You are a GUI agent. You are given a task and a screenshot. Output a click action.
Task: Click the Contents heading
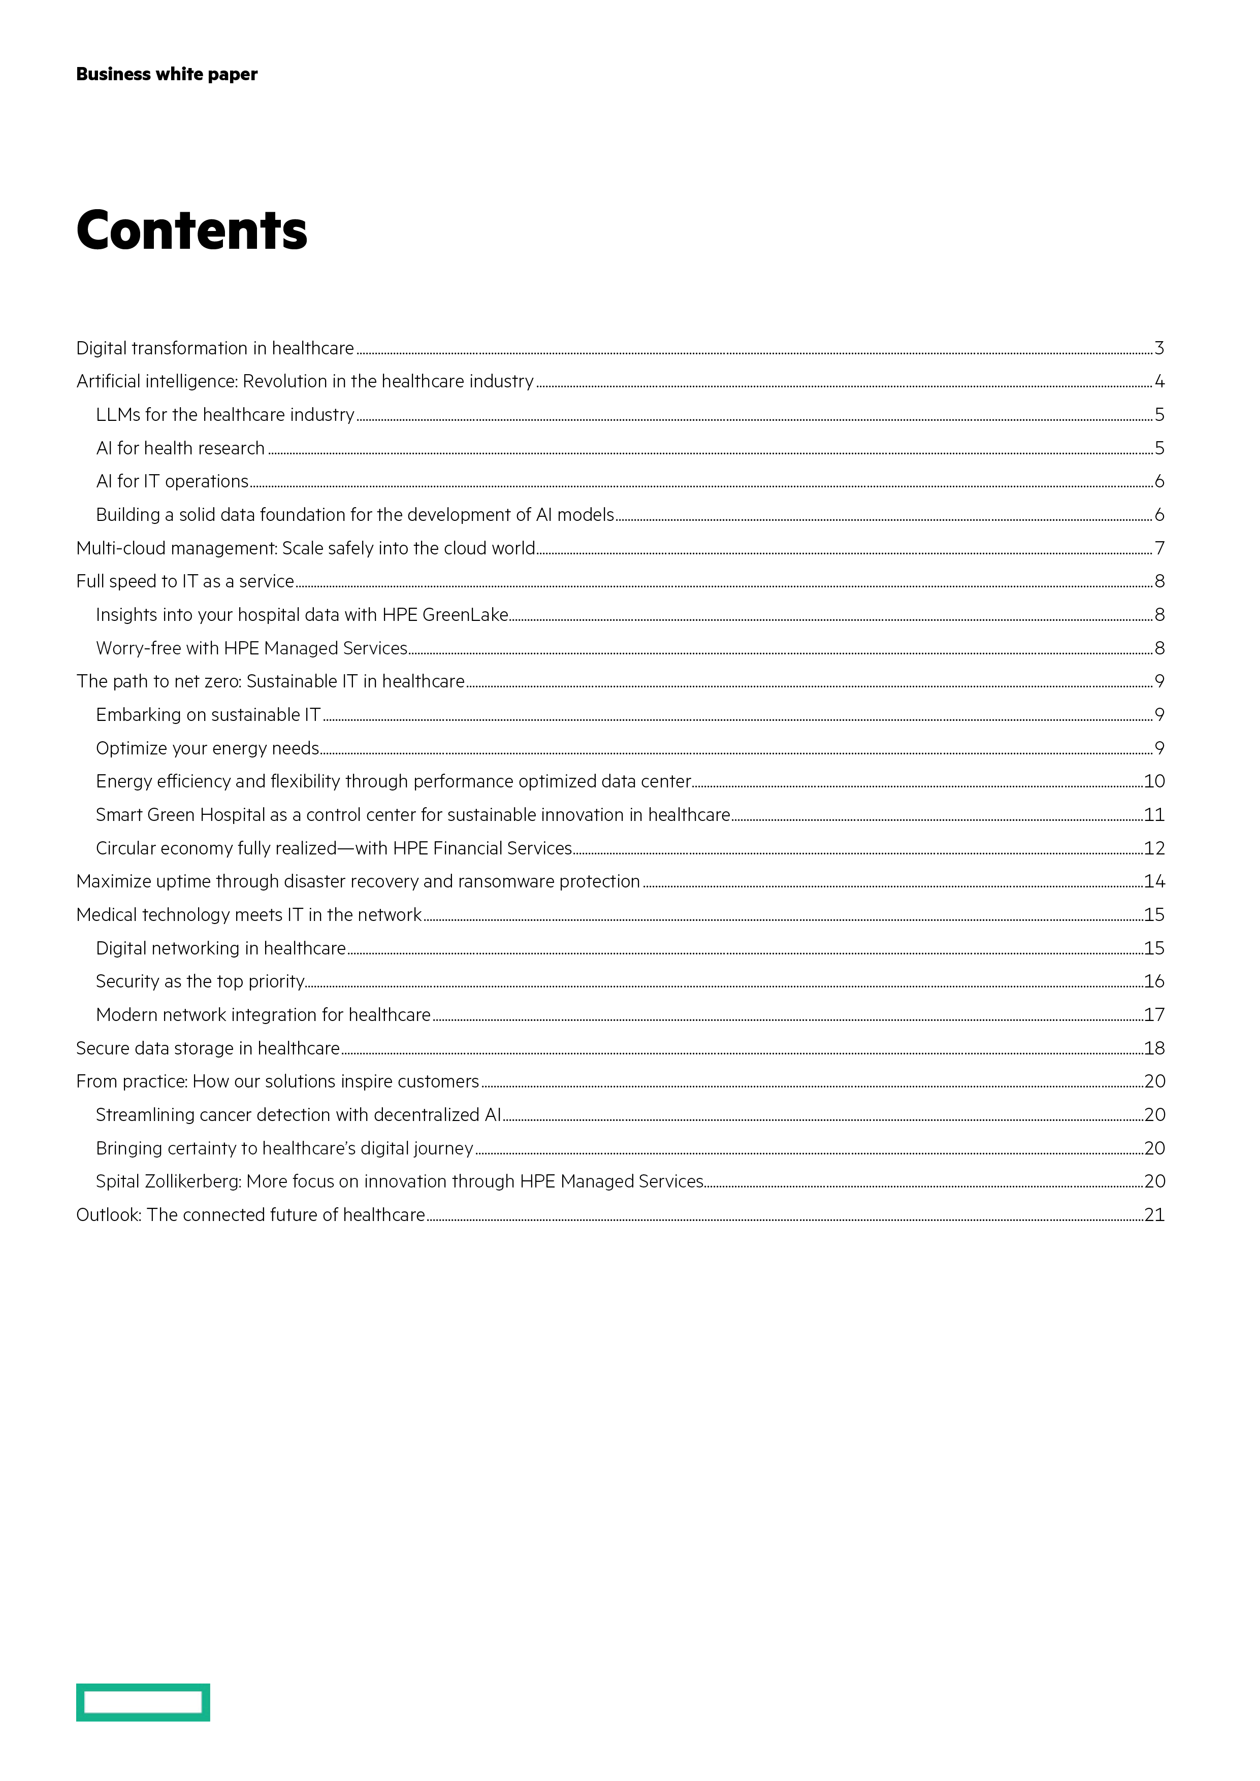click(191, 230)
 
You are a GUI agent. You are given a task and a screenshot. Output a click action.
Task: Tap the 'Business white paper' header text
click(167, 75)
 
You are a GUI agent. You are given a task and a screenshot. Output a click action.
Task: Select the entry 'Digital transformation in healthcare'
click(215, 348)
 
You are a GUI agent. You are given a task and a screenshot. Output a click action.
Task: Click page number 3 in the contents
click(1159, 348)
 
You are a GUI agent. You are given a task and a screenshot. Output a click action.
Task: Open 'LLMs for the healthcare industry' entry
click(225, 415)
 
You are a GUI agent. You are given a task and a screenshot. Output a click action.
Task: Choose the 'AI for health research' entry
click(181, 448)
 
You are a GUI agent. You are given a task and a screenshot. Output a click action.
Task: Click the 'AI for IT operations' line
click(172, 482)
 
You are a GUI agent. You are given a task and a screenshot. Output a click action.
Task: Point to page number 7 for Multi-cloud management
click(1159, 548)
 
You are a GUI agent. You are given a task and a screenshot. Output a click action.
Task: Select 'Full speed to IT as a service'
click(185, 582)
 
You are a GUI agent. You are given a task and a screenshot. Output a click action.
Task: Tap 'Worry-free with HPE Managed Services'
click(252, 648)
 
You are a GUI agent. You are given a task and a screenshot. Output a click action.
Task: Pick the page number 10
click(1154, 781)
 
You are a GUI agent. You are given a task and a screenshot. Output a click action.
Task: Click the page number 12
click(1154, 848)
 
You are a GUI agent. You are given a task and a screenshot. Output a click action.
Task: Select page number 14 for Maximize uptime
click(1154, 881)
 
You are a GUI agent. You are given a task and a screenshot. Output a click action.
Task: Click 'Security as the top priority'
click(200, 981)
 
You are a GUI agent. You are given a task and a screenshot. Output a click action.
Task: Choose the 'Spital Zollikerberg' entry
click(400, 1181)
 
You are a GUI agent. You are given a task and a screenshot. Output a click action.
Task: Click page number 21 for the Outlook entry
click(1154, 1215)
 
